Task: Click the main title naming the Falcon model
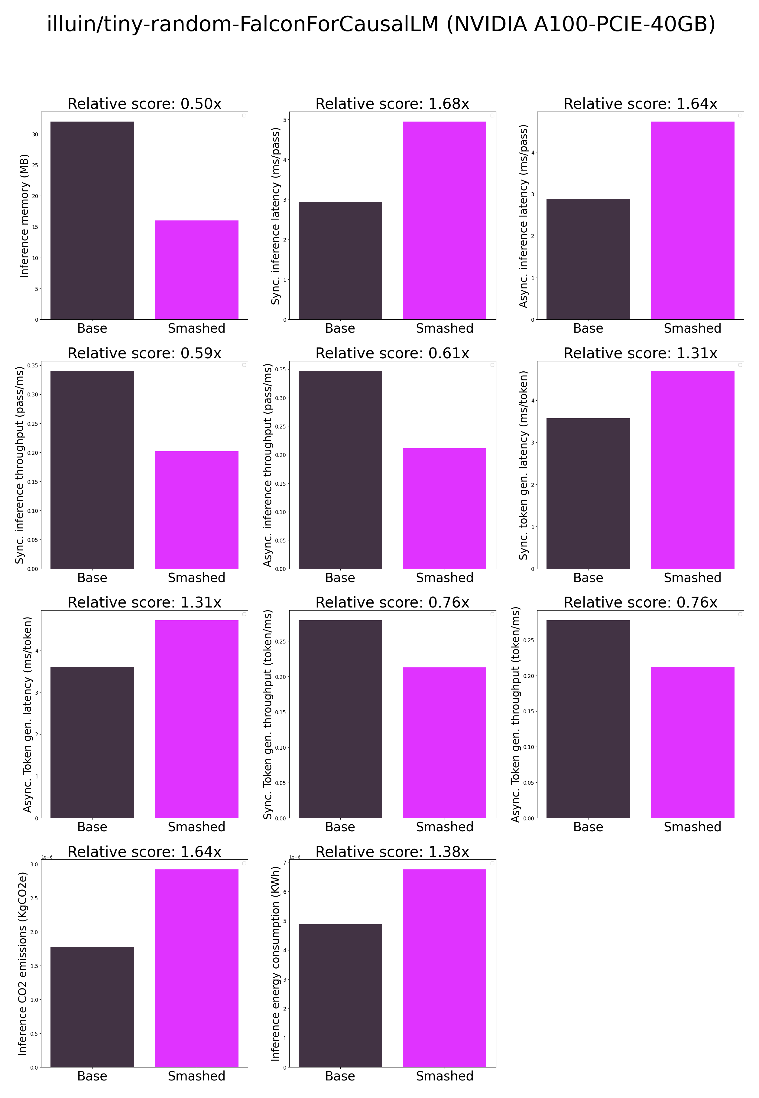pyautogui.click(x=381, y=24)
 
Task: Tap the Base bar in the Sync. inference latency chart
pyautogui.click(x=340, y=261)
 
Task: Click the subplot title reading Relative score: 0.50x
pyautogui.click(x=144, y=104)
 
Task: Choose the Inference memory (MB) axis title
pyautogui.click(x=24, y=216)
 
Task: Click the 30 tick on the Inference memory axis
pyautogui.click(x=35, y=135)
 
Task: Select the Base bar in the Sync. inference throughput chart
pyautogui.click(x=92, y=470)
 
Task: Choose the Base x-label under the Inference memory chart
pyautogui.click(x=92, y=328)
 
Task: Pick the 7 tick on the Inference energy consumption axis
pyautogui.click(x=284, y=862)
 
